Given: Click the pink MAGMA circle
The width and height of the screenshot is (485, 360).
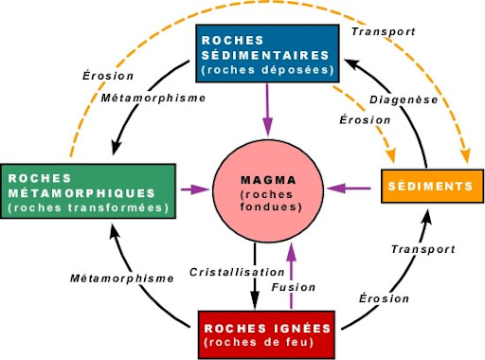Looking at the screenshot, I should pyautogui.click(x=266, y=190).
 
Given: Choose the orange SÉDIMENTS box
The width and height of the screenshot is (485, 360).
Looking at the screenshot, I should pyautogui.click(x=426, y=188).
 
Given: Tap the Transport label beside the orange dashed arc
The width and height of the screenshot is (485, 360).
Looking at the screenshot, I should pyautogui.click(x=382, y=31).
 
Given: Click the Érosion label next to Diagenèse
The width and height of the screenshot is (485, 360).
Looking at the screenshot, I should pyautogui.click(x=363, y=119).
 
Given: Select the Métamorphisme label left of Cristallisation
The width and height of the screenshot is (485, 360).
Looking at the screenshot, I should pyautogui.click(x=123, y=279).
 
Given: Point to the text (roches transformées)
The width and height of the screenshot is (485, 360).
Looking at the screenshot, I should pyautogui.click(x=88, y=207).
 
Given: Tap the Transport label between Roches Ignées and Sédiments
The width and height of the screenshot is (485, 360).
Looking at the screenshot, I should pyautogui.click(x=417, y=249).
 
